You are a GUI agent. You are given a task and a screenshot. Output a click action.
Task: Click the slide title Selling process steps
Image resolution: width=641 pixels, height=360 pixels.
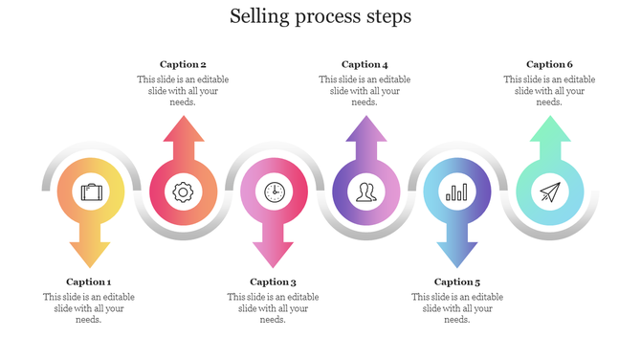point(320,17)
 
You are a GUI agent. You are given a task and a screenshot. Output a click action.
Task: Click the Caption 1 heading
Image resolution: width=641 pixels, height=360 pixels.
point(89,281)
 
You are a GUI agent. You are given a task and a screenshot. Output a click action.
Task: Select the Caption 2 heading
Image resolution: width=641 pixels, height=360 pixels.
point(183,64)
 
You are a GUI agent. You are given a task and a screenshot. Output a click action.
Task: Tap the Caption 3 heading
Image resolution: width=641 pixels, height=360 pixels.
point(273,281)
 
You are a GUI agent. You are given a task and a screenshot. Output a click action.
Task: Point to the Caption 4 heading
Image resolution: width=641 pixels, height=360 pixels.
point(365,64)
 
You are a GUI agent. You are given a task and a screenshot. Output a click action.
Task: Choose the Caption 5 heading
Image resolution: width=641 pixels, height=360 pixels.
point(457,281)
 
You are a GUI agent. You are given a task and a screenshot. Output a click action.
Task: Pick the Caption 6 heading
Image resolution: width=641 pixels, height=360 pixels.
point(550,64)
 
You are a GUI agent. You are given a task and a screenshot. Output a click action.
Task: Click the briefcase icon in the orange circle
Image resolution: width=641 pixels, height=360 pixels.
point(92,191)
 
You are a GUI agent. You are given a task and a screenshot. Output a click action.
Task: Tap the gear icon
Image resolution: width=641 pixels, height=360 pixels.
point(182,191)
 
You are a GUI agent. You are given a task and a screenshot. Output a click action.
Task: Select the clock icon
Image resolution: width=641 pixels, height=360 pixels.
point(275,191)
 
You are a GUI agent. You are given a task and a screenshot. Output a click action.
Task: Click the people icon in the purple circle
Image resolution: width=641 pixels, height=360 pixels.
point(365,191)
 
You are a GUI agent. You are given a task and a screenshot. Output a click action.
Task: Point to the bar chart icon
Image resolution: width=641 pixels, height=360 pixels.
point(457,191)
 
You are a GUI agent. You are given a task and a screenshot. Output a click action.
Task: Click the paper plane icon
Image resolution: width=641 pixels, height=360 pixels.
point(549,192)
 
